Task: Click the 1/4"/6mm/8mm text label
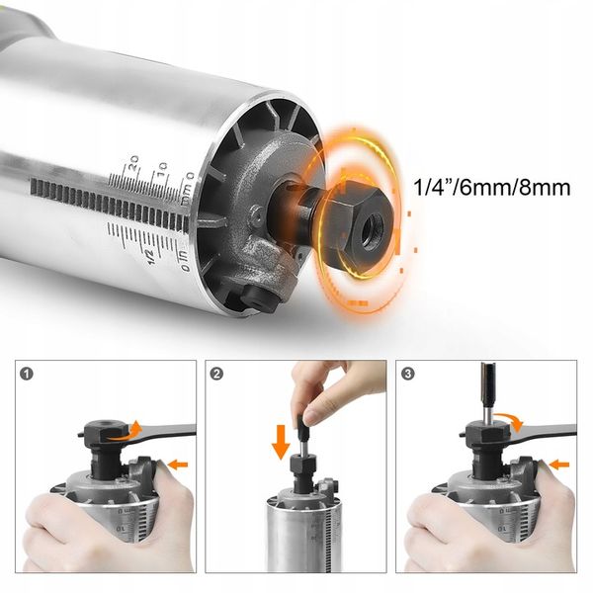click(x=492, y=187)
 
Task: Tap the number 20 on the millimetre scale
click(x=133, y=163)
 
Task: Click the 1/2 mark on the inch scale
click(x=150, y=256)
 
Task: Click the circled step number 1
click(x=27, y=374)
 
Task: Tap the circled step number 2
click(x=217, y=374)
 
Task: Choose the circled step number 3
click(x=407, y=374)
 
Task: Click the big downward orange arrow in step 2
click(x=281, y=442)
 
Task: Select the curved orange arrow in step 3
click(x=511, y=419)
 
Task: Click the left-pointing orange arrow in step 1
click(x=178, y=465)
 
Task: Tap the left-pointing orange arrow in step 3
click(x=559, y=465)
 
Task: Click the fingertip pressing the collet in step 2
click(x=312, y=417)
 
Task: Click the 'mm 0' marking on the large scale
click(x=188, y=188)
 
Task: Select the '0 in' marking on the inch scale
click(x=184, y=260)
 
